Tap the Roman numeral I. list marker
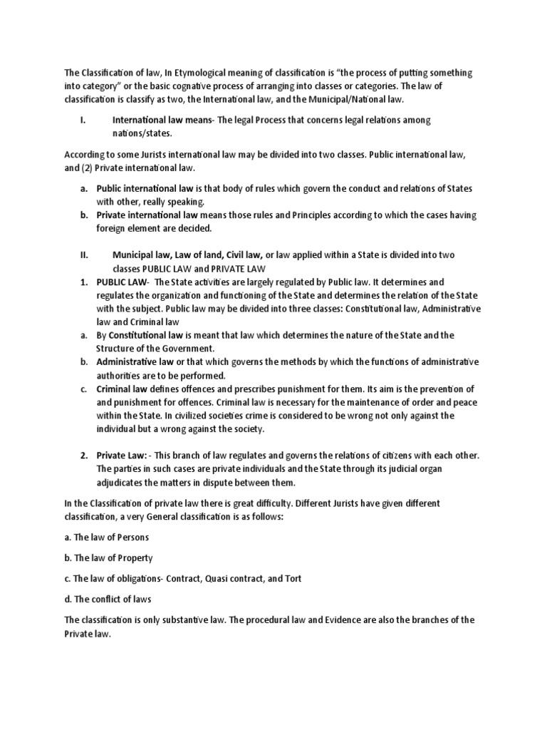(83, 120)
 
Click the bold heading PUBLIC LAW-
(120, 282)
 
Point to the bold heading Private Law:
(122, 456)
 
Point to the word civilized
(191, 416)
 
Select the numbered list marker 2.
(83, 456)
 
